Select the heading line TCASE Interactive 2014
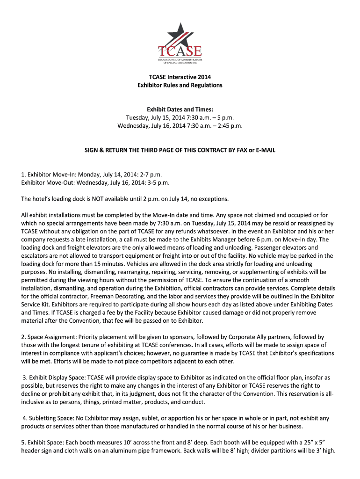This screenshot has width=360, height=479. tap(180, 77)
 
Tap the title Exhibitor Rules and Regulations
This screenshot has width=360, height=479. tap(180, 86)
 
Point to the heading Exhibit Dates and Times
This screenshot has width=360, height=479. tap(180, 109)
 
